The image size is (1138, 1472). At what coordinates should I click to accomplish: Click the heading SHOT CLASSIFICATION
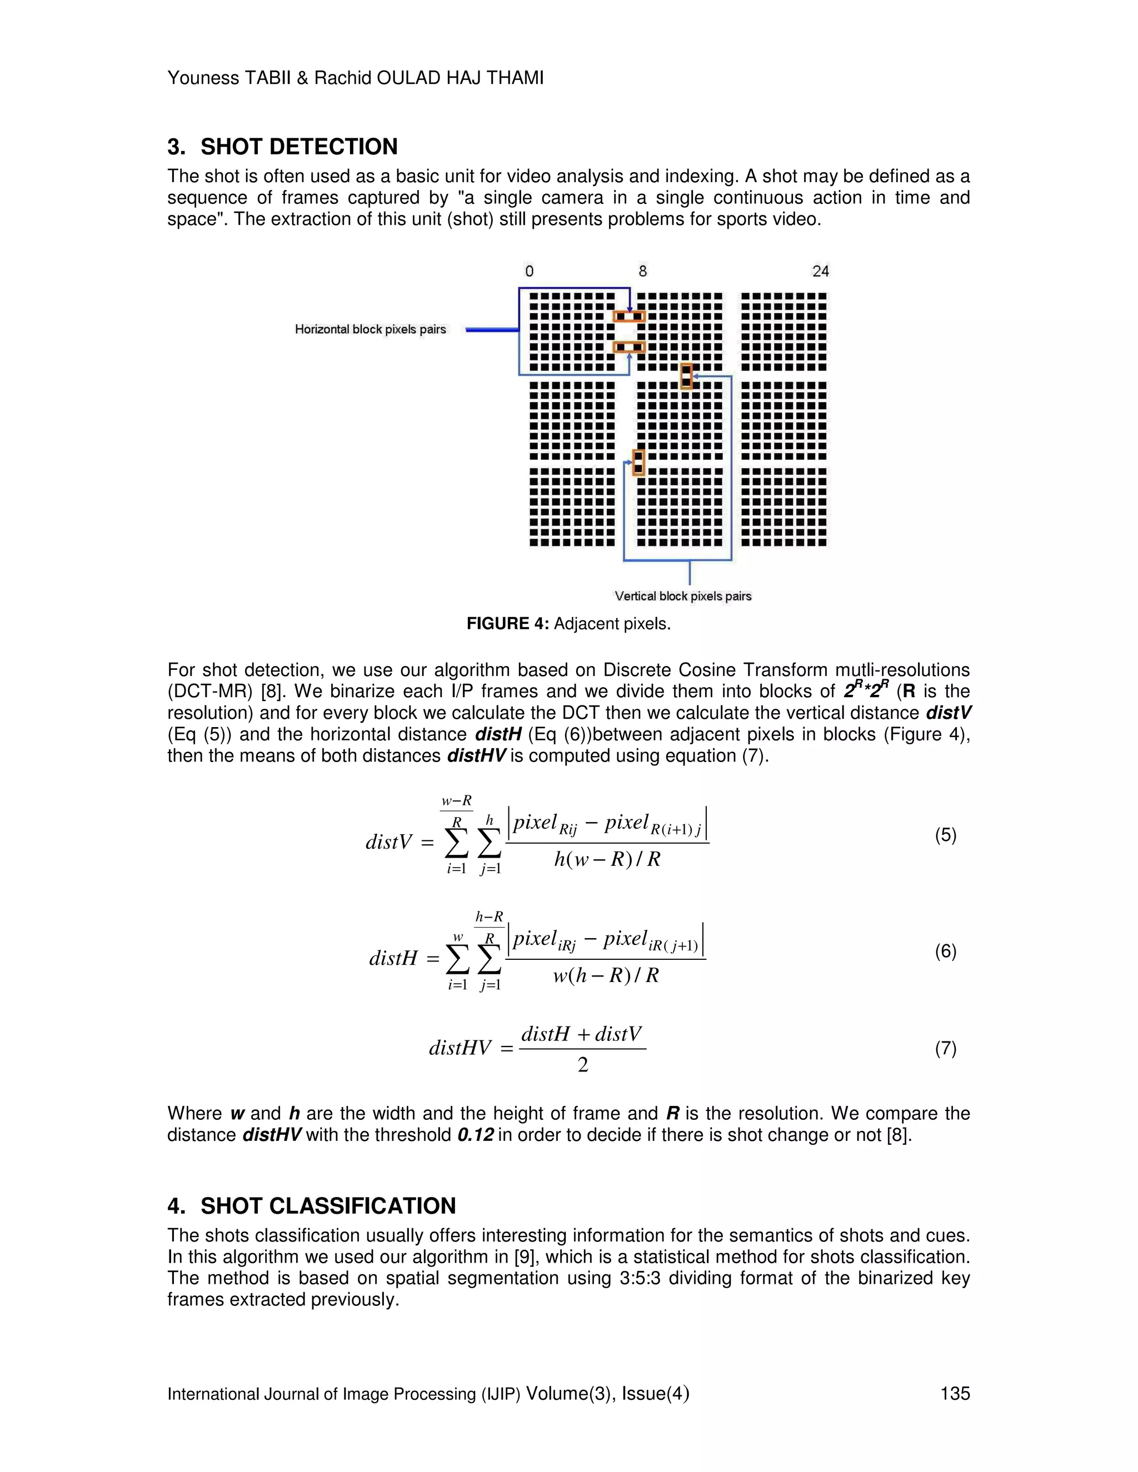[x=328, y=1205]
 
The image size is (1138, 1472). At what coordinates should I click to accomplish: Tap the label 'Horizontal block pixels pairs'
[x=370, y=329]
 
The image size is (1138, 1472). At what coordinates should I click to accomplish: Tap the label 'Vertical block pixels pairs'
[x=682, y=596]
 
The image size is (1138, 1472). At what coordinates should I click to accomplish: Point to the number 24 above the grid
[x=820, y=271]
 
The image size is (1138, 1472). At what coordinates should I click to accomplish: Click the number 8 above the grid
[x=642, y=271]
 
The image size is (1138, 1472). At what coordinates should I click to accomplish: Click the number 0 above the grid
[x=529, y=271]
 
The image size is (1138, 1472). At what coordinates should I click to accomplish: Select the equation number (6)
[x=945, y=951]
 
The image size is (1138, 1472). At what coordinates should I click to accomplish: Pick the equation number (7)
[x=945, y=1048]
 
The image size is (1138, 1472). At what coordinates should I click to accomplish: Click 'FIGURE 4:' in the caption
[x=508, y=623]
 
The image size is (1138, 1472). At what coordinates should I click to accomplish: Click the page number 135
[x=955, y=1393]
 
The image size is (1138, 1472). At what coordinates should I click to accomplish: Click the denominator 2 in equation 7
[x=582, y=1065]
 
